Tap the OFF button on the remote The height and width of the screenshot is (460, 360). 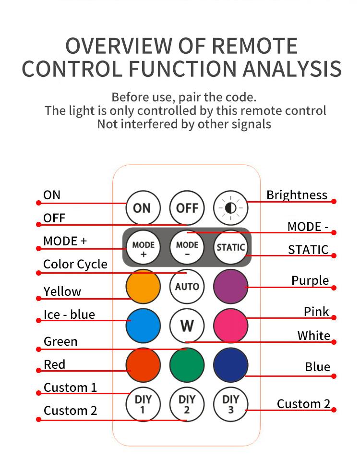187,208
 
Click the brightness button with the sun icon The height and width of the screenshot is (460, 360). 231,208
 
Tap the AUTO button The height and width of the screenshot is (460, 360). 187,287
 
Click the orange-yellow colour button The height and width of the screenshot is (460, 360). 143,287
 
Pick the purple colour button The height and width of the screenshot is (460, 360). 231,287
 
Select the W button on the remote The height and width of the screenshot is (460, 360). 187,326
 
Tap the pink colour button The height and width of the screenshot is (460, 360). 231,326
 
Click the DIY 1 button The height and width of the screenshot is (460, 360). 143,404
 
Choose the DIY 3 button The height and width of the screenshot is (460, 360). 231,404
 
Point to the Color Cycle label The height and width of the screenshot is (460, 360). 75,265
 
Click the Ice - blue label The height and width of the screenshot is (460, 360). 69,315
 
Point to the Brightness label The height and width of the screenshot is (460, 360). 297,195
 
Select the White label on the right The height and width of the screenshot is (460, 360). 313,335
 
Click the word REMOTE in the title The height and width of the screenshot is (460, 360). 254,46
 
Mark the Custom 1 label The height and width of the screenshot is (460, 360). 70,387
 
